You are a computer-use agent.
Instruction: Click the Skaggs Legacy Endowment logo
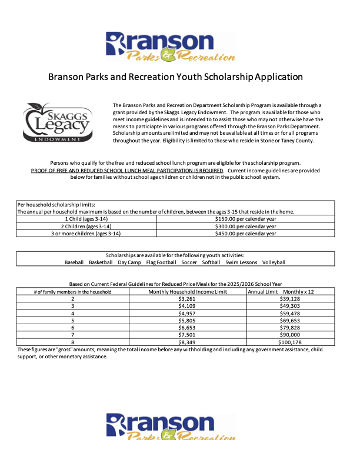[x=57, y=122]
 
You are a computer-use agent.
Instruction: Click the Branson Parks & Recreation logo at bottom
[x=170, y=427]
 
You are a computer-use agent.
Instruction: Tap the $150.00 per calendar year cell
[x=245, y=218]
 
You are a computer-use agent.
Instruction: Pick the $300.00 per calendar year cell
[x=245, y=226]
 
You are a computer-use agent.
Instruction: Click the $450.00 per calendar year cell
[x=245, y=234]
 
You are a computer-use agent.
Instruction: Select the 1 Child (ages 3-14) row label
[x=86, y=218]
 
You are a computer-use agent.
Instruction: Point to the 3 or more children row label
[x=86, y=234]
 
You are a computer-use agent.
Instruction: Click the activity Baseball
[x=74, y=262]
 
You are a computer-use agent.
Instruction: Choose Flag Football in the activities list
[x=161, y=262]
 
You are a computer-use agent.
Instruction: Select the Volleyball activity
[x=274, y=262]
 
